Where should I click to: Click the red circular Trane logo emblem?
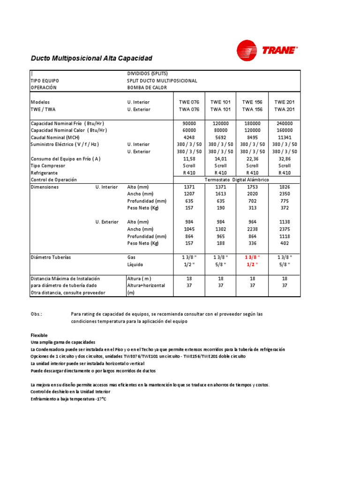247,51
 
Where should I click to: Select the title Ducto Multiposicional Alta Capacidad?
91,58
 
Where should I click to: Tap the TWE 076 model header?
189,102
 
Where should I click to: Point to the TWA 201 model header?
285,109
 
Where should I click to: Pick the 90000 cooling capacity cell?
189,123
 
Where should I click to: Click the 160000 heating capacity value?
285,130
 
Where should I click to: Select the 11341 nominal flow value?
285,137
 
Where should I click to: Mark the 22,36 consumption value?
252,159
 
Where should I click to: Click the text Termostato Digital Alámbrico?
237,180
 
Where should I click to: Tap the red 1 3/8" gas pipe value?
252,257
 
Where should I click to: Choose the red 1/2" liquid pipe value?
252,264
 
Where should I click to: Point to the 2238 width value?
252,229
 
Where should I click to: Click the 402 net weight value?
285,243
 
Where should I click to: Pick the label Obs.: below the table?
37,314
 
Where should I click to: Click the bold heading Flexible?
39,336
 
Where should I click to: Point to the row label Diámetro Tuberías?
51,257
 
